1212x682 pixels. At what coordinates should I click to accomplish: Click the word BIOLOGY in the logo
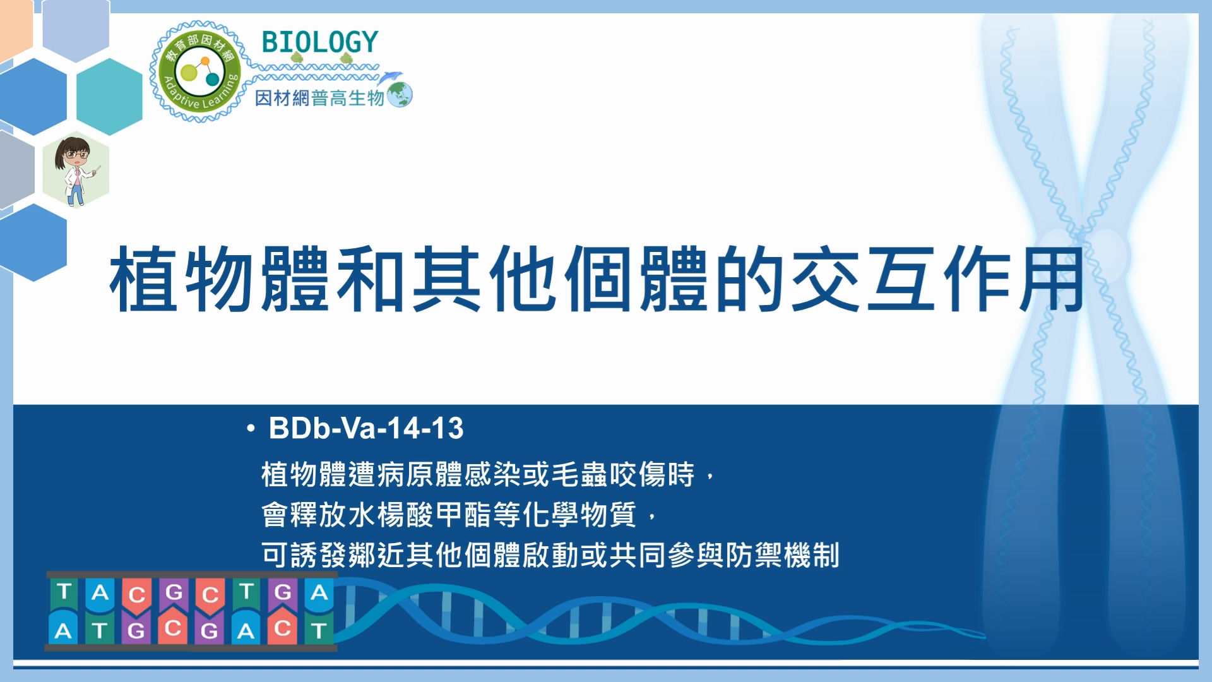click(x=319, y=42)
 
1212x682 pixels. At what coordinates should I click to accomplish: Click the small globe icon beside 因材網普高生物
click(x=400, y=95)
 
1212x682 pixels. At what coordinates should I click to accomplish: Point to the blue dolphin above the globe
click(x=390, y=77)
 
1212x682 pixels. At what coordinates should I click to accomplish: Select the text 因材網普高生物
click(x=319, y=98)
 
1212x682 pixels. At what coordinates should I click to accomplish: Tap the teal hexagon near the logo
click(x=109, y=97)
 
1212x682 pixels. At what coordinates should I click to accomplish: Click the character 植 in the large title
click(x=143, y=279)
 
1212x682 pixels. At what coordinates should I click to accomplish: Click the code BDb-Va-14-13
click(x=366, y=428)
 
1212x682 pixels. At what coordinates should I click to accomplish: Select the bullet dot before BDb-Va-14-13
click(x=251, y=429)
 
